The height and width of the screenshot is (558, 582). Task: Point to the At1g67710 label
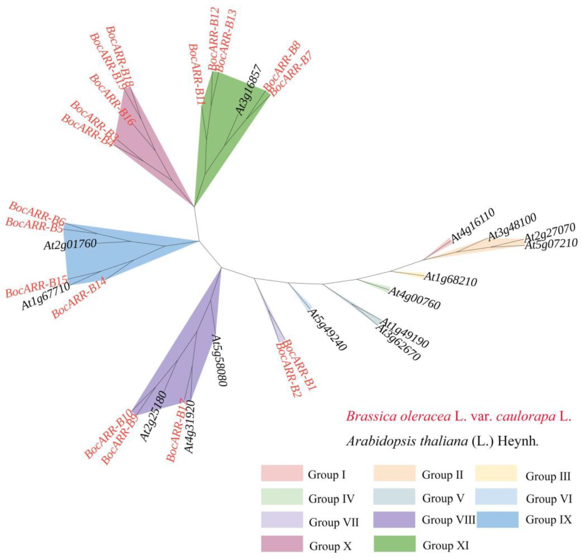pyautogui.click(x=45, y=296)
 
